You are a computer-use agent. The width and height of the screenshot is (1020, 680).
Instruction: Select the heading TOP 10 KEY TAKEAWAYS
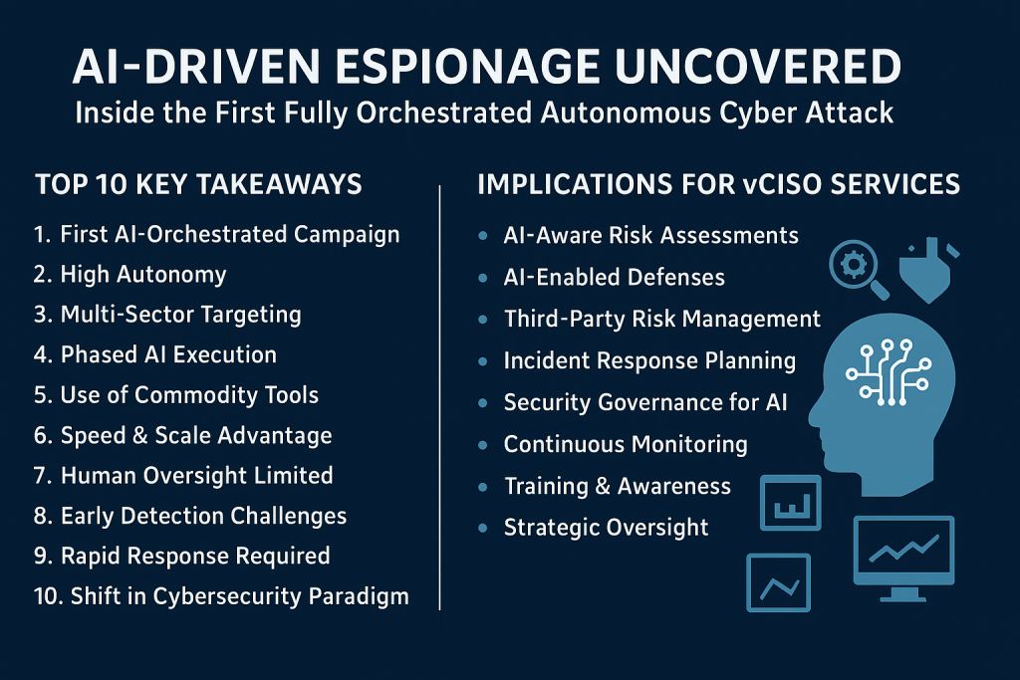pos(198,184)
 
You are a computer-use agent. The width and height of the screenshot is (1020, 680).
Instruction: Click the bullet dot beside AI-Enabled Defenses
pos(483,278)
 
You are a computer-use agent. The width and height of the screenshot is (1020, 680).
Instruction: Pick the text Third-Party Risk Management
pos(662,320)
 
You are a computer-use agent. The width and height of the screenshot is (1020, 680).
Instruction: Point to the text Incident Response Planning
pos(649,361)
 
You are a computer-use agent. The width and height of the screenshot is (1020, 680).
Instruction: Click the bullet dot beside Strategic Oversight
pos(483,528)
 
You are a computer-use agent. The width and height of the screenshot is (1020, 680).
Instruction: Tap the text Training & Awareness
pos(618,486)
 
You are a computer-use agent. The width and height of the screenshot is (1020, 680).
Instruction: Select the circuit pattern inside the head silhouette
pos(888,372)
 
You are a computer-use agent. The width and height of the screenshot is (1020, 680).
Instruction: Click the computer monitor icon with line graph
pos(903,558)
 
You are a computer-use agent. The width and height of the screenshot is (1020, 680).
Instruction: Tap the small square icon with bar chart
pos(790,503)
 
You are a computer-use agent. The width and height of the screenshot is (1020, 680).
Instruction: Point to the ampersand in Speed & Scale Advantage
pos(139,435)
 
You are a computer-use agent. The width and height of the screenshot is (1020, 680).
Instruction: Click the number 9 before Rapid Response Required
pos(40,557)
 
